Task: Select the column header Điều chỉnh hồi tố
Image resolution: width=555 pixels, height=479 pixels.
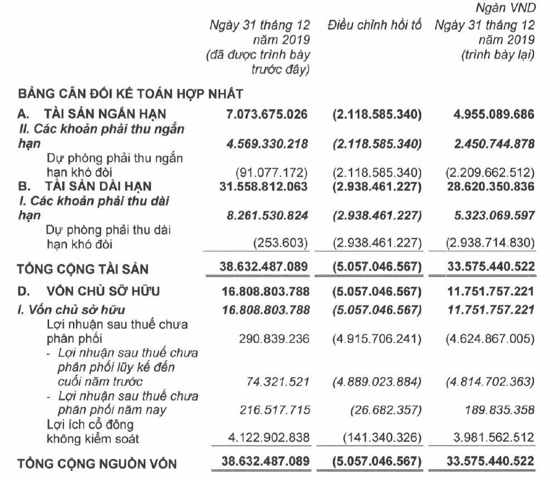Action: click(x=375, y=26)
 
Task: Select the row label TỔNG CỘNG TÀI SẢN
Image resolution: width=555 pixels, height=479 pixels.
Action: click(x=83, y=269)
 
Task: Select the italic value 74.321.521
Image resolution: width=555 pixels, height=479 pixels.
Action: click(x=277, y=382)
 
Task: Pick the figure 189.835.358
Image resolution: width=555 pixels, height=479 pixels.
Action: click(x=499, y=410)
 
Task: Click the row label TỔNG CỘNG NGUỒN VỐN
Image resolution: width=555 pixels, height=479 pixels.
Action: click(x=97, y=463)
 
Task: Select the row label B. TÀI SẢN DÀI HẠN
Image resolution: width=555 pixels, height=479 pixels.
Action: click(x=85, y=186)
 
